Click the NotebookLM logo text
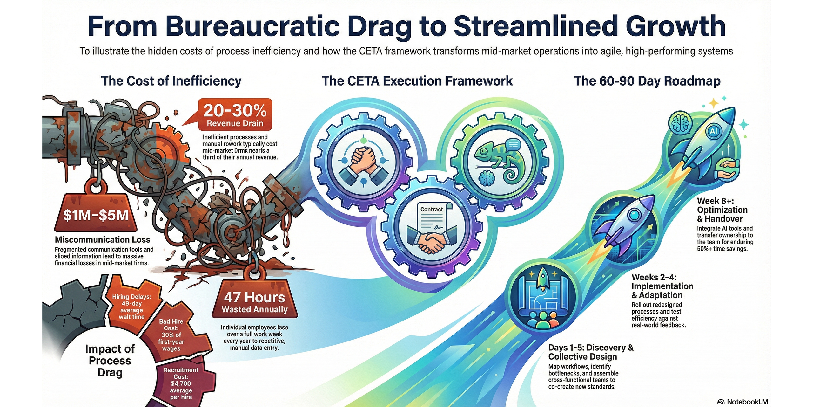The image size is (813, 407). pos(743,402)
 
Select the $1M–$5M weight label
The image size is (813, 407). pos(96,215)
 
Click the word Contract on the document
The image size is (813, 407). pos(431,210)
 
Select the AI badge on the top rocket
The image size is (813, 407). pos(714,131)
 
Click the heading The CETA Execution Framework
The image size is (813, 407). pos(417,81)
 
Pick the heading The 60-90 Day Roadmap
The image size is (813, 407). pos(647,81)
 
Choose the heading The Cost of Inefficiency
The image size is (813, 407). pos(171,81)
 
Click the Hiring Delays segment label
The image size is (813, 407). pos(131,307)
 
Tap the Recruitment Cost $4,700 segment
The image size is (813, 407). pos(181,383)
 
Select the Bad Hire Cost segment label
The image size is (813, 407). pos(171,335)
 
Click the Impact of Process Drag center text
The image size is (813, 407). pos(110,361)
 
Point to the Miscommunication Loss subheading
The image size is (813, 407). pos(102,239)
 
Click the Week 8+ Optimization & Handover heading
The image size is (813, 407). pos(722,210)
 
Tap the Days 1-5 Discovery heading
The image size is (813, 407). pos(591,352)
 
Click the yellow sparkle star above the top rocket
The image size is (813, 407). pos(714,103)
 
